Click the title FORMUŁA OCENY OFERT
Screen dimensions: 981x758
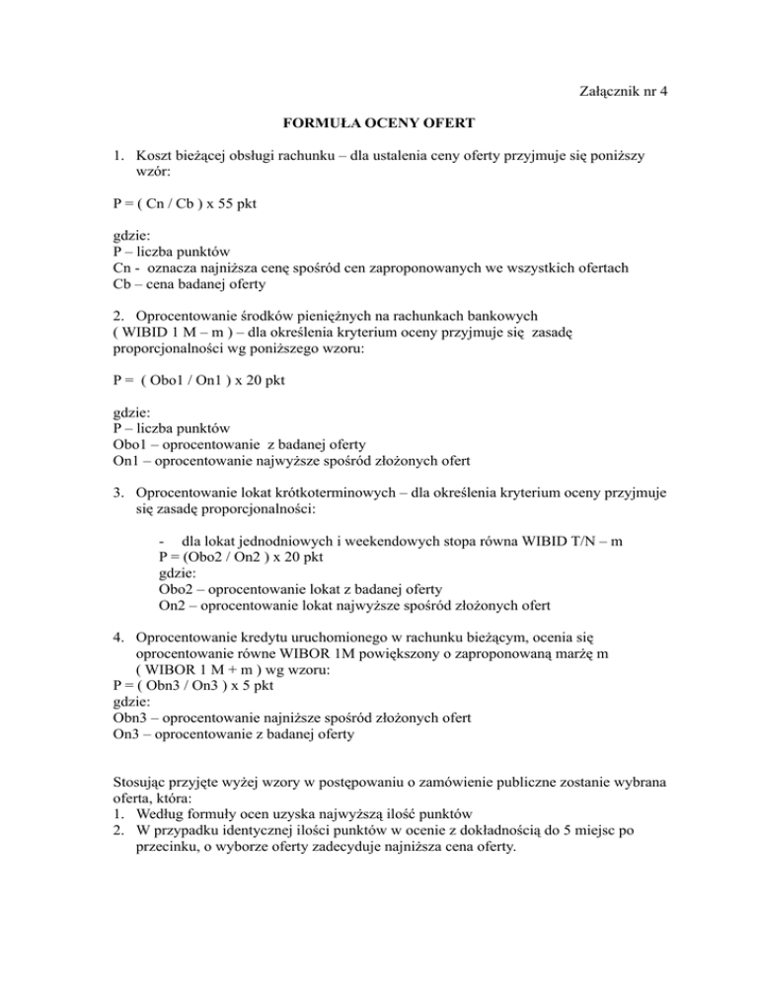tap(380, 125)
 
